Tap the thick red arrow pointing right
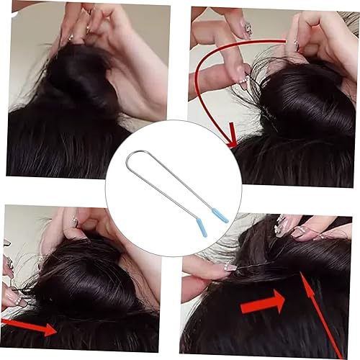click(x=263, y=304)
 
